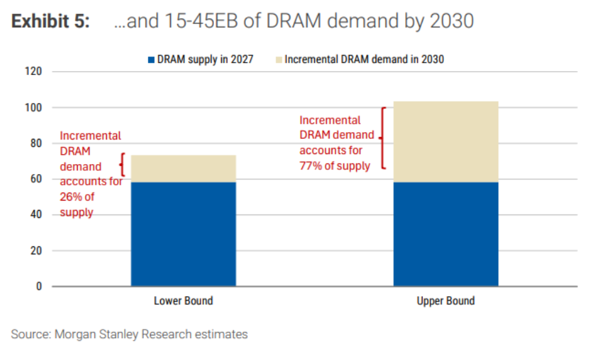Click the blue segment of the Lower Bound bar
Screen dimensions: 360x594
(183, 234)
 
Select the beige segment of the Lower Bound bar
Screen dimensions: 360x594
(183, 168)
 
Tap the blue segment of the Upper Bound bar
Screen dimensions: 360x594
(446, 234)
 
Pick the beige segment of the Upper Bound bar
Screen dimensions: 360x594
(446, 141)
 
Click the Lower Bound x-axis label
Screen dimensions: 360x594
(183, 301)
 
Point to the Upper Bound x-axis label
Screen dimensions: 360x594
(446, 301)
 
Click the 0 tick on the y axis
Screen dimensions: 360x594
(39, 287)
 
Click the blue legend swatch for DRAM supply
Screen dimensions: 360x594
(151, 59)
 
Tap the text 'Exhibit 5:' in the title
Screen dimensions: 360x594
(50, 21)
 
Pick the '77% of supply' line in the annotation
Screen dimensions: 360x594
(335, 166)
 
